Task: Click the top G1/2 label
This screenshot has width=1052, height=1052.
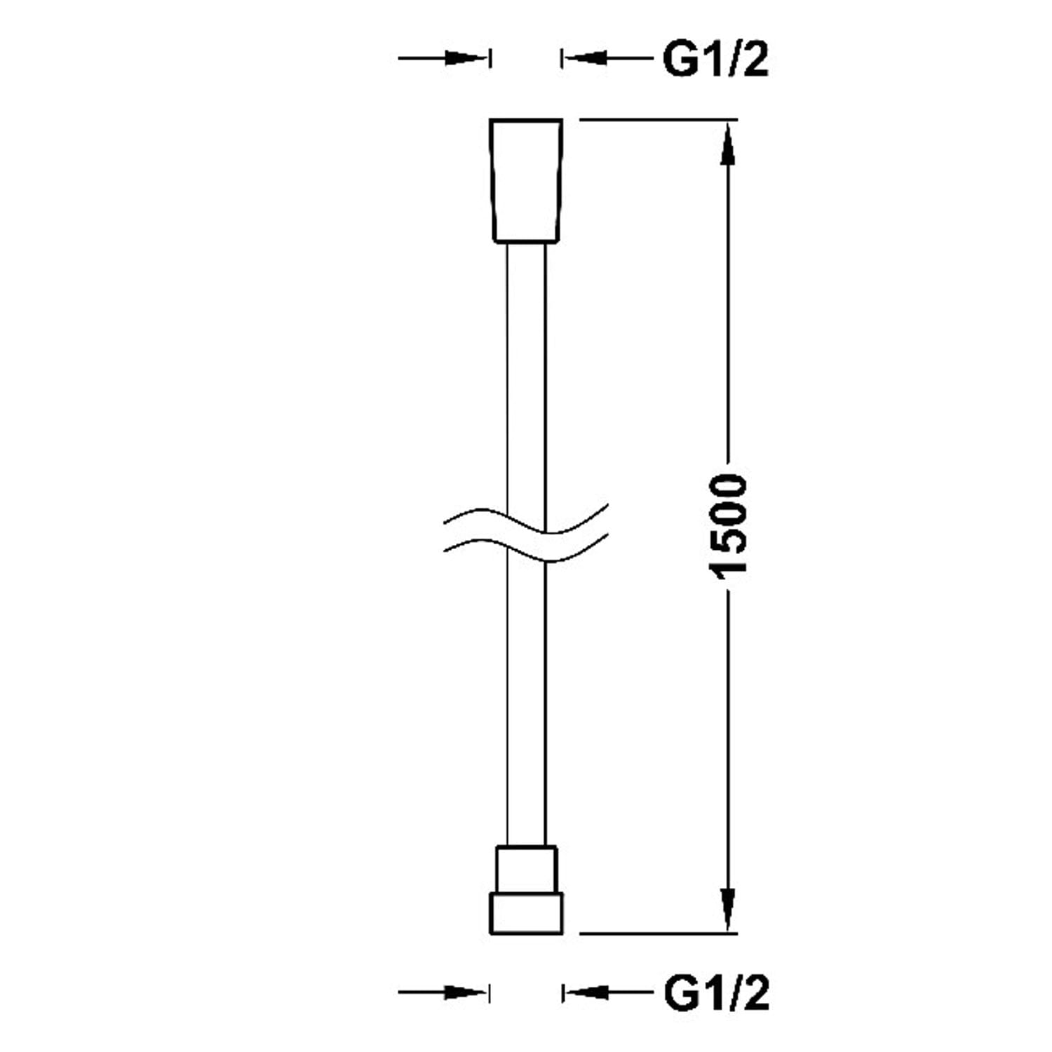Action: [x=715, y=59]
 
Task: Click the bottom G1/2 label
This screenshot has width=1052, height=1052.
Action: [x=715, y=993]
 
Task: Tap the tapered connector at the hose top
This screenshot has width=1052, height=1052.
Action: [x=526, y=180]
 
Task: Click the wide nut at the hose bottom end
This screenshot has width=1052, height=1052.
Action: [x=526, y=913]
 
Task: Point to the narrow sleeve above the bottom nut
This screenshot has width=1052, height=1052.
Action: [x=526, y=869]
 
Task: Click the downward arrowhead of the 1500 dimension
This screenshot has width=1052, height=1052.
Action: [x=729, y=908]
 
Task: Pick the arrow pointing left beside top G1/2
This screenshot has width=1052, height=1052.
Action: [x=607, y=58]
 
